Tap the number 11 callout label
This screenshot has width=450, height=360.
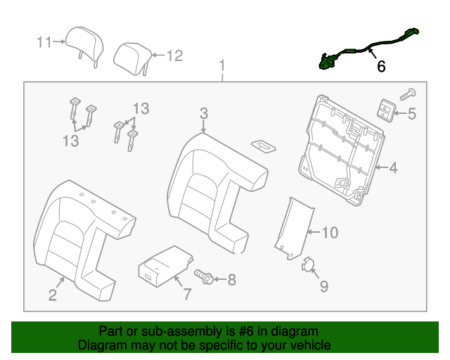[x=44, y=42]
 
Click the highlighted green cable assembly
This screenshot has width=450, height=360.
[x=366, y=48]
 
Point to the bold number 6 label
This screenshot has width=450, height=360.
[x=381, y=67]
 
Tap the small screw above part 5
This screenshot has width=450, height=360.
[x=407, y=92]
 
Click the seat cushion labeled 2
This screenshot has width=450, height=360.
[x=77, y=232]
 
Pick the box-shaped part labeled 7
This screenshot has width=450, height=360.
[x=162, y=266]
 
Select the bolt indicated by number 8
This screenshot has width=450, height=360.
[x=204, y=278]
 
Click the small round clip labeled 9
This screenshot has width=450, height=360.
[x=308, y=265]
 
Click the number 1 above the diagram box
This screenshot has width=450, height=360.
[x=223, y=67]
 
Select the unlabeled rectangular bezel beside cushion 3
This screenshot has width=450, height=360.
[x=265, y=146]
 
